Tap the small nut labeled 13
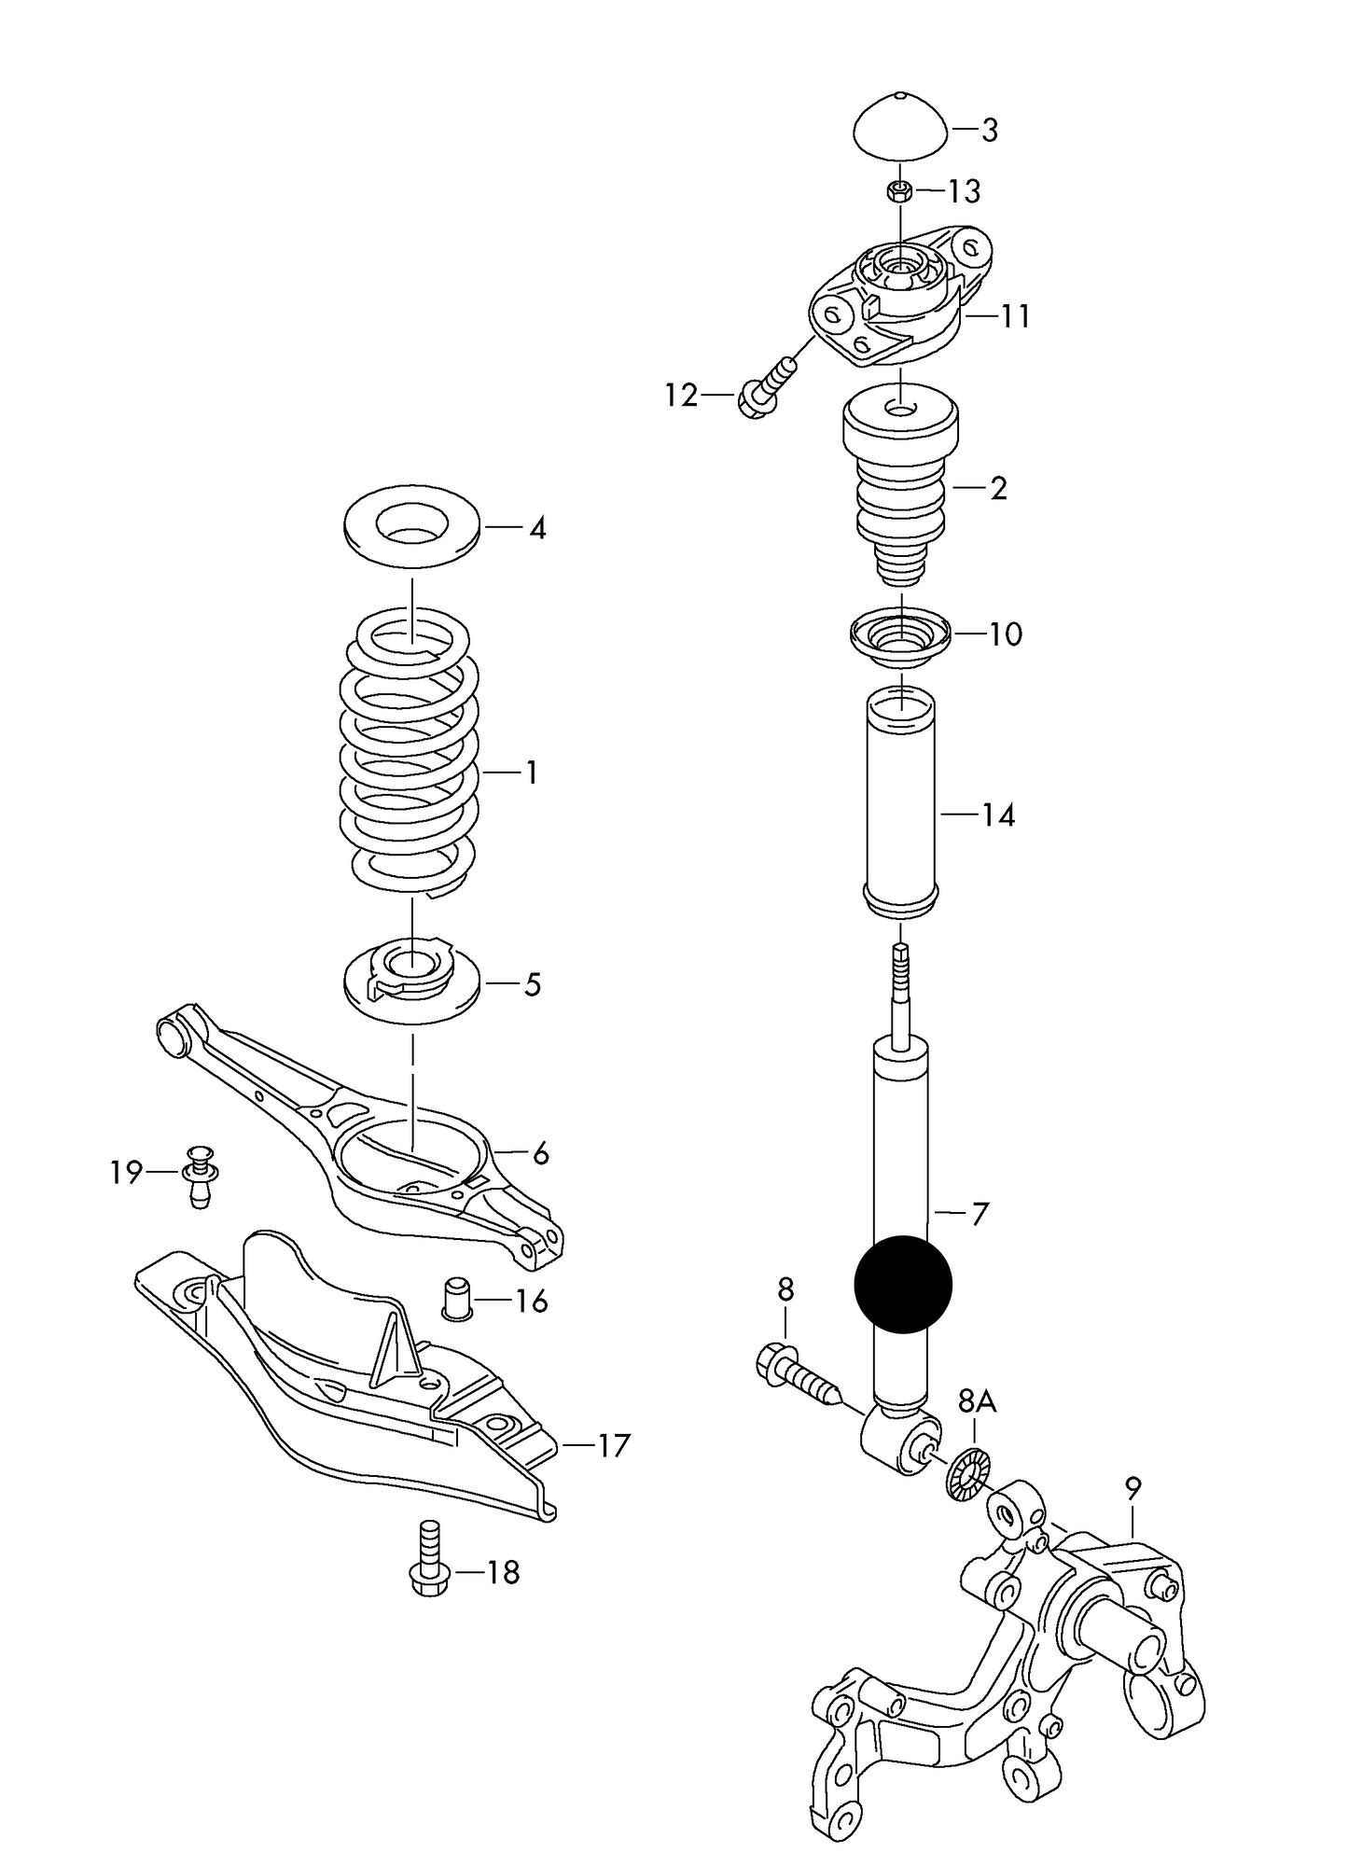click(899, 191)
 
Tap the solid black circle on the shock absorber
click(902, 1283)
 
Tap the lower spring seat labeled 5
click(411, 984)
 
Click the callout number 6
click(540, 1154)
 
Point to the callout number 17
click(612, 1446)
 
